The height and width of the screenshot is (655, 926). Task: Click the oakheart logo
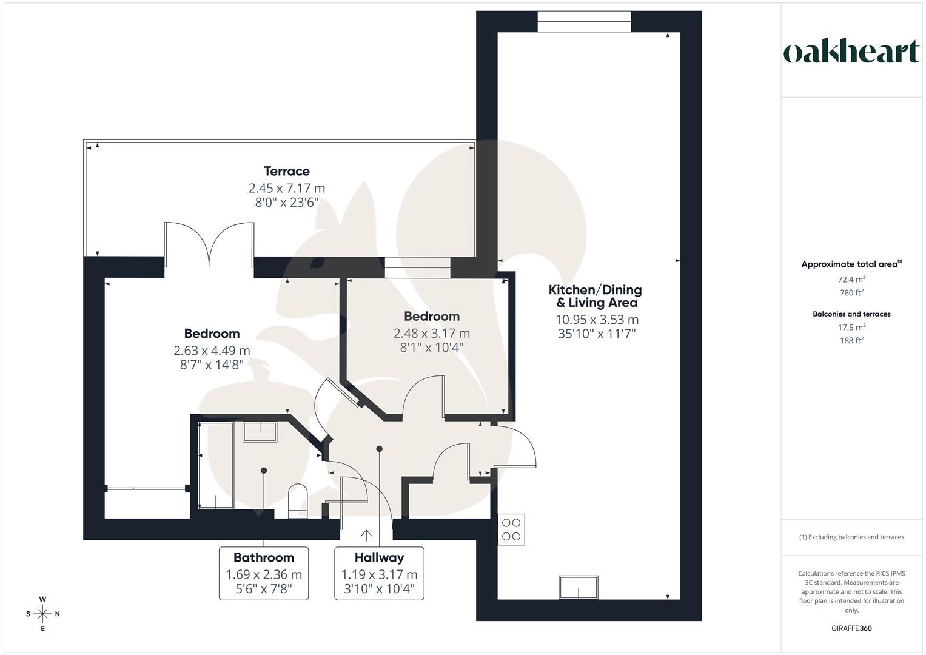(x=851, y=52)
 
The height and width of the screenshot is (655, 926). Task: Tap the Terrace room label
(x=287, y=172)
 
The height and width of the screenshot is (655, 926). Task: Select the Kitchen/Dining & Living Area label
(x=595, y=296)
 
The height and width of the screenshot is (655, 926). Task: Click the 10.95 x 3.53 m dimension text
(x=597, y=320)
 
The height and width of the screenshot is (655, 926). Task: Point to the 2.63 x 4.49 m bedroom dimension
(x=212, y=351)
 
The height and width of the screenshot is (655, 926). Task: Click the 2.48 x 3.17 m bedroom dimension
(x=432, y=333)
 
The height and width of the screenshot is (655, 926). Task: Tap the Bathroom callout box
(x=263, y=573)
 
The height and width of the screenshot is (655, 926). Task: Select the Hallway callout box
(x=379, y=573)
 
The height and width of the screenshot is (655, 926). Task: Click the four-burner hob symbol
(x=511, y=529)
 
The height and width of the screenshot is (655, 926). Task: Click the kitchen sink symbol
(x=579, y=588)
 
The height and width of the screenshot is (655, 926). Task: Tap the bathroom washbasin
(x=260, y=431)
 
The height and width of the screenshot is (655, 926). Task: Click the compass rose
(x=43, y=614)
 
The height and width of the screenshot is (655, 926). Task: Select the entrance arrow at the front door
(x=366, y=535)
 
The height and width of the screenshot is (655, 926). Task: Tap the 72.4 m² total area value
(x=851, y=280)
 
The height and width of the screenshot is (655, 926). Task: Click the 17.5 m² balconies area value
(x=851, y=327)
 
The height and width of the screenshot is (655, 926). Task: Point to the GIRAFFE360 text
(x=851, y=628)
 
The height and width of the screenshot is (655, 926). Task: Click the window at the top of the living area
(x=584, y=21)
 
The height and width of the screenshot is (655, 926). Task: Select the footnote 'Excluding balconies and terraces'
(x=851, y=537)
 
